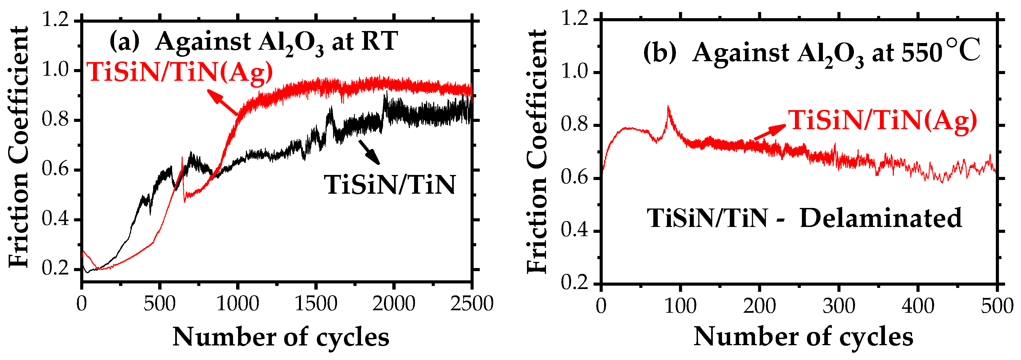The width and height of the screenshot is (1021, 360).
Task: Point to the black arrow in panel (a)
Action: click(x=369, y=152)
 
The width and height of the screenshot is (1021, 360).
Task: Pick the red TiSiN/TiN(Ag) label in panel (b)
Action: click(x=882, y=120)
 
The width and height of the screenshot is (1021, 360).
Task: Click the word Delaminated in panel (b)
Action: click(x=881, y=218)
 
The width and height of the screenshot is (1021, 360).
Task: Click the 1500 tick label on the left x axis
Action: click(x=316, y=304)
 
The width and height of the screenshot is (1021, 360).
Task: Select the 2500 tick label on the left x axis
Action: click(x=472, y=304)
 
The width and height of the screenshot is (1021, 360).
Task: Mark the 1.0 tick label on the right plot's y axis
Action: click(x=574, y=73)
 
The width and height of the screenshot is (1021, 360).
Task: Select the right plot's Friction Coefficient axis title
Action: click(x=537, y=151)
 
